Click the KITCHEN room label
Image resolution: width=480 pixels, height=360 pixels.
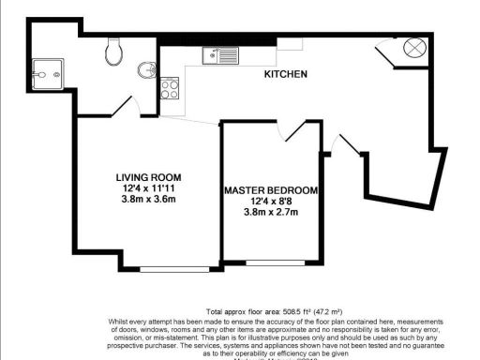[286, 73]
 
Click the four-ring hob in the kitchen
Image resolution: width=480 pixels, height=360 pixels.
[170, 89]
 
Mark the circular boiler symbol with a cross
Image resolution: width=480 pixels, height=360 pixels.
[414, 48]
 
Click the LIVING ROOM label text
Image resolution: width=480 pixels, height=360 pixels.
[148, 177]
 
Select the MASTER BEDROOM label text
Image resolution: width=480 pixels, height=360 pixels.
[270, 190]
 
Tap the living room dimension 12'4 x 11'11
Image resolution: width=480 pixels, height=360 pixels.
[148, 188]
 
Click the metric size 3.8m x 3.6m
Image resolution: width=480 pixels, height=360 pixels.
[148, 200]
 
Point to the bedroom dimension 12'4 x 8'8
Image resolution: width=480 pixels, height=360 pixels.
[270, 202]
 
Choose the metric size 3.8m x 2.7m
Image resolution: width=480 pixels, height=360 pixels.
[270, 213]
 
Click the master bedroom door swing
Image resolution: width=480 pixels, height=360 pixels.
[292, 131]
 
